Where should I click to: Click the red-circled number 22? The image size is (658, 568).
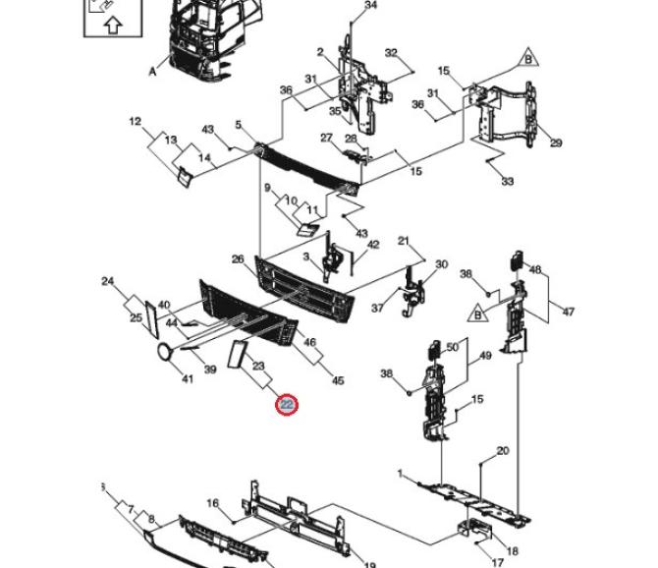point(287,405)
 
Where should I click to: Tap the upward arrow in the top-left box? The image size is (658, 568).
point(113,25)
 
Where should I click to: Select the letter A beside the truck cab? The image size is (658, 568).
point(153,72)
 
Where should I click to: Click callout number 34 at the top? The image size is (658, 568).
point(370,5)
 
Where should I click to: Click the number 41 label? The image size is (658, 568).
point(188,378)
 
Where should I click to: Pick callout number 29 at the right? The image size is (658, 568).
point(556,142)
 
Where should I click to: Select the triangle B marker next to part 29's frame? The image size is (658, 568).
point(528,59)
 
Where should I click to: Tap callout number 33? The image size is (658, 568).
point(508,182)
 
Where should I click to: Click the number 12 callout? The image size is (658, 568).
point(136,121)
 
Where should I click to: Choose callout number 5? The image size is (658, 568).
point(239,124)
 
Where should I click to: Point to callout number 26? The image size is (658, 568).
point(238,259)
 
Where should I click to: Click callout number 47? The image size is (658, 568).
point(568,312)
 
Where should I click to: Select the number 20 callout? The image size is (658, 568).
point(503,451)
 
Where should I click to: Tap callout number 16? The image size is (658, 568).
point(213,502)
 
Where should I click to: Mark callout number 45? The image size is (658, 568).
point(338,380)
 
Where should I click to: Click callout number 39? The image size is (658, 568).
point(210,369)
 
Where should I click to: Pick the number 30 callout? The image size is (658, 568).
point(442,264)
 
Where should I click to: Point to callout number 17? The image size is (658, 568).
point(497,562)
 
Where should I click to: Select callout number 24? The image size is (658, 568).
point(108,281)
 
